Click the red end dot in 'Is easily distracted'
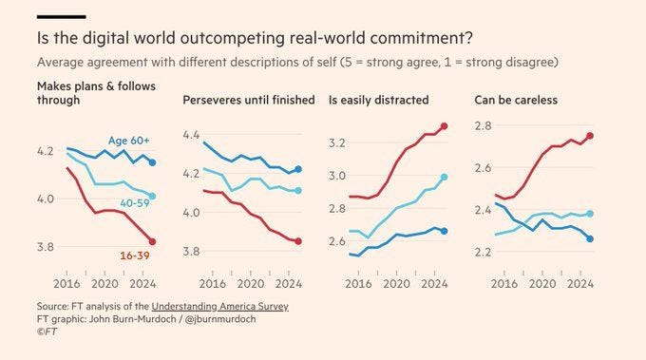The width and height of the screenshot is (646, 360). point(445,126)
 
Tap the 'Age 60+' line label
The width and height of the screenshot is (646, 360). point(128,141)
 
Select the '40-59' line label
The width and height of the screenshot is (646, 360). point(135,202)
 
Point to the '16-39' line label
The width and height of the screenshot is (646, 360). point(135,256)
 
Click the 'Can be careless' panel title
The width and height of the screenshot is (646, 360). point(516,100)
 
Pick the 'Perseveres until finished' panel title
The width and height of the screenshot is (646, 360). point(249,100)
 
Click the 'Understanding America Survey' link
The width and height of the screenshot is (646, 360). point(220,307)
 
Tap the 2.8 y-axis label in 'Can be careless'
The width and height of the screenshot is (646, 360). point(484,125)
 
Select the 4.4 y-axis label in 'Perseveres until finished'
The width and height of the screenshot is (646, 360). point(191,135)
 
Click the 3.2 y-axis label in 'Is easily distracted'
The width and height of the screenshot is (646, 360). point(337,142)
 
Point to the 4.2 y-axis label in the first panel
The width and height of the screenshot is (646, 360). point(46,151)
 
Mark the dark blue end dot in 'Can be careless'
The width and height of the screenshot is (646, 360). point(590,239)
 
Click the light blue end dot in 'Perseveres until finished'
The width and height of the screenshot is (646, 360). point(298,191)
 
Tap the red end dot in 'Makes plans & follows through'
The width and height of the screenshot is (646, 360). point(152,242)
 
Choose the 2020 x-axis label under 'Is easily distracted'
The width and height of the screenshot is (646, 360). point(396,284)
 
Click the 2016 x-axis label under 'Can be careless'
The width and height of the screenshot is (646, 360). point(504,284)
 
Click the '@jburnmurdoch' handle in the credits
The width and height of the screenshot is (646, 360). point(220,319)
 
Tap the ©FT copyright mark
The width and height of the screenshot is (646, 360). point(47,332)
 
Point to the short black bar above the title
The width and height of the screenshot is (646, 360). point(62,17)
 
